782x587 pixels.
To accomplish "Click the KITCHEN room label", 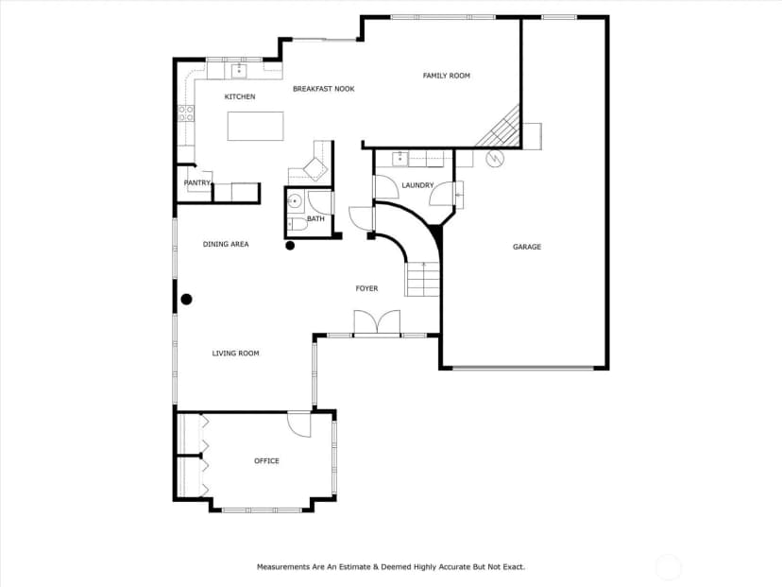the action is (240, 96).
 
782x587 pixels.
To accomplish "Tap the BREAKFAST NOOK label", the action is (324, 89).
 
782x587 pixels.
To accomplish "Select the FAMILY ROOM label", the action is (447, 76).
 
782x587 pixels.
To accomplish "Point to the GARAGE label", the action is (527, 247).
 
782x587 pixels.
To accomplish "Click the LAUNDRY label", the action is (418, 185).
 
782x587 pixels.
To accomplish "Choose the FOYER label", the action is (366, 288).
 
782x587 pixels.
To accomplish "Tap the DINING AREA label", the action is (226, 244).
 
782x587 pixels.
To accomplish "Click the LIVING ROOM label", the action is (236, 354).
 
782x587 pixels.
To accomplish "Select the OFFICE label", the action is (267, 460).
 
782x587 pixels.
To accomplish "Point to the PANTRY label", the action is (197, 182).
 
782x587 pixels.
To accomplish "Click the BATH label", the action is (315, 218).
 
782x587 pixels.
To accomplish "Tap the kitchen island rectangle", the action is (256, 127).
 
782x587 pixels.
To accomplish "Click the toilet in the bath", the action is (297, 225).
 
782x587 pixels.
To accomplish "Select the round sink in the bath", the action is (295, 201).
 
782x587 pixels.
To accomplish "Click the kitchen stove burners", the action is (186, 113).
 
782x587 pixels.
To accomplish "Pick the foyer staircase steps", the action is (423, 280).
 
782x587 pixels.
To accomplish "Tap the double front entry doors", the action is (377, 323).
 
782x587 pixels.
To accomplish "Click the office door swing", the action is (299, 425).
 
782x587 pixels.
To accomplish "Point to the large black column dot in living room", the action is (186, 300).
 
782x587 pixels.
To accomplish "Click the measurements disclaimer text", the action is (391, 567).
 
